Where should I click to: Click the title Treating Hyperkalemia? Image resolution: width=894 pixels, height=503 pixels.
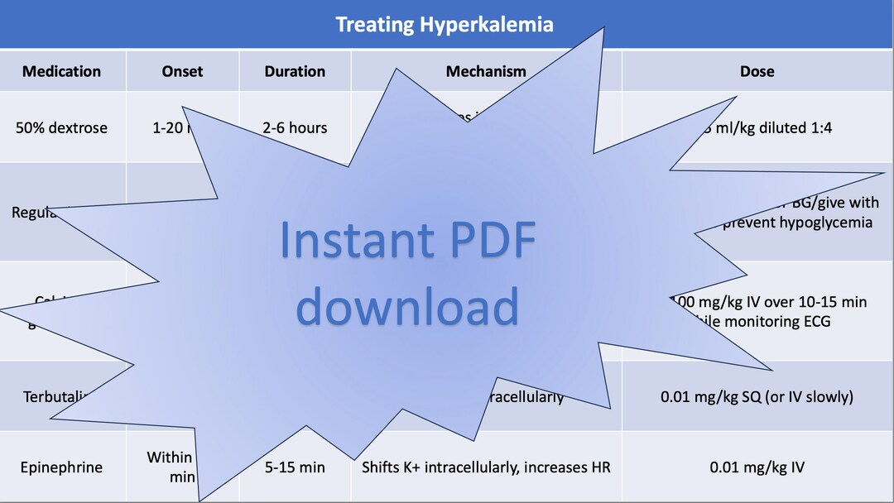click(x=445, y=25)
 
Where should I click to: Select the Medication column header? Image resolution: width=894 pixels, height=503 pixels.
click(x=62, y=71)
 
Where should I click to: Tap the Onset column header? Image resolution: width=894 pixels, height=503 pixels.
click(x=183, y=71)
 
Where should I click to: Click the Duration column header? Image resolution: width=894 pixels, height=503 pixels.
click(x=295, y=71)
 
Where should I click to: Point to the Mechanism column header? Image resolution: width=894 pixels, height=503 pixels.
click(x=486, y=71)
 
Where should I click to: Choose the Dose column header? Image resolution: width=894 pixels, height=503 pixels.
click(x=757, y=71)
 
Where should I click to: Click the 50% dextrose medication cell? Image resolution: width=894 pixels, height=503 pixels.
click(x=62, y=128)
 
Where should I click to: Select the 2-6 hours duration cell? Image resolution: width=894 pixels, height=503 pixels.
click(x=295, y=128)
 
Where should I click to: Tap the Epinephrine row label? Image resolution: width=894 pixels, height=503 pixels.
click(x=62, y=467)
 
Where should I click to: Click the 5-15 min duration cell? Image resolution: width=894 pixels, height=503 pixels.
click(x=295, y=467)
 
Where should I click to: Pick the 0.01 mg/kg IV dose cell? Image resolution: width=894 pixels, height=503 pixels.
click(x=757, y=467)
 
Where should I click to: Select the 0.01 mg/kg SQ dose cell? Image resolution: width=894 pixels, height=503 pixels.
click(x=757, y=397)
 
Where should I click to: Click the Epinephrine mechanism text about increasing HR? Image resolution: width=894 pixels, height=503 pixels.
click(x=486, y=467)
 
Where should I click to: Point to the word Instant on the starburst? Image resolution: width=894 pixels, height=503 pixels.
click(x=350, y=239)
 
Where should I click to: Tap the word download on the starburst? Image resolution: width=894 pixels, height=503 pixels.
click(x=407, y=305)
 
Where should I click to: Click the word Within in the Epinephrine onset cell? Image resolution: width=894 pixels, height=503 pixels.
click(x=170, y=457)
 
